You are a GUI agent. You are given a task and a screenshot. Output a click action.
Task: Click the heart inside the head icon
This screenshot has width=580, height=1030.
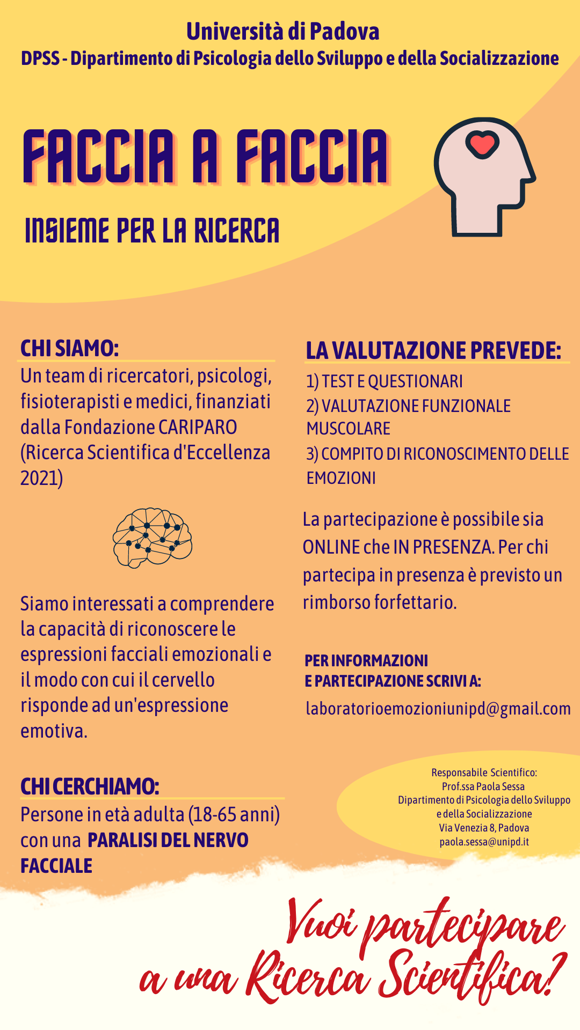482,144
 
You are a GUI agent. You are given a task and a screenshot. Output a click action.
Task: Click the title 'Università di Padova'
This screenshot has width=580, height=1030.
283,32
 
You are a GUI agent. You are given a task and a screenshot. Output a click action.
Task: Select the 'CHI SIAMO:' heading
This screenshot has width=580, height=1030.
70,348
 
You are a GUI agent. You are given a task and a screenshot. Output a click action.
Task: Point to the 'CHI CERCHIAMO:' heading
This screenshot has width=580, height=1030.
90,786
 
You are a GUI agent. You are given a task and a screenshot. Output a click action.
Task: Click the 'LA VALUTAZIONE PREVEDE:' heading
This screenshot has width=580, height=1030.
433,350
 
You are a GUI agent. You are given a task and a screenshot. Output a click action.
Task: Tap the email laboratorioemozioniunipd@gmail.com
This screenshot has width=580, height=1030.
438,708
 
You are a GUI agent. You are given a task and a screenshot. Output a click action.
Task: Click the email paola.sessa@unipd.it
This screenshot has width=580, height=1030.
484,841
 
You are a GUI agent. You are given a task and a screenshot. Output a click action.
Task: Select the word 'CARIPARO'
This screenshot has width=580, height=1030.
198,427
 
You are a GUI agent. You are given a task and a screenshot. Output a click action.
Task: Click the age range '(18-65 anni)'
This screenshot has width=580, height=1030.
234,814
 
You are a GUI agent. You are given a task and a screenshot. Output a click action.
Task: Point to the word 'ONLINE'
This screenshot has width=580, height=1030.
331,547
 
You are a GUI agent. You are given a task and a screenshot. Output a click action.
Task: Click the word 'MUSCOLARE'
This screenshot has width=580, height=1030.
349,429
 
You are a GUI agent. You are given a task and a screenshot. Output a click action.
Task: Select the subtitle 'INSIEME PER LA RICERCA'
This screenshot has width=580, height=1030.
152,231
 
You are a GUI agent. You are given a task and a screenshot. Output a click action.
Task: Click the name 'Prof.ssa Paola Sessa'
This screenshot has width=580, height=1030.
483,786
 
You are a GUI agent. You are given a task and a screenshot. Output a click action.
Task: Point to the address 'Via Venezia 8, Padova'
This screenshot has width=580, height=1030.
484,828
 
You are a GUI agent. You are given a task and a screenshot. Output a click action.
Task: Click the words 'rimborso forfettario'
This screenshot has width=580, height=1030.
379,602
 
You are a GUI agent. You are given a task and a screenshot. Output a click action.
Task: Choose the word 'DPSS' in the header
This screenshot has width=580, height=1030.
40,58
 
